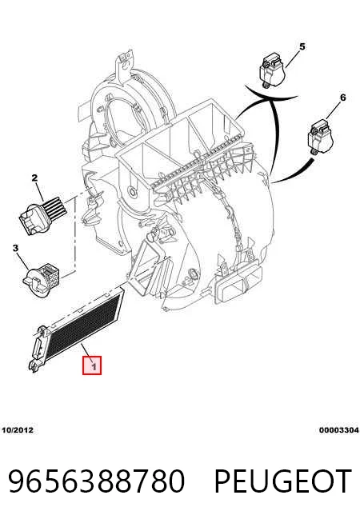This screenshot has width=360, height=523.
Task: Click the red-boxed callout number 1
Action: (92, 365)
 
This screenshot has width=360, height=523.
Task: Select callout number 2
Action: (34, 178)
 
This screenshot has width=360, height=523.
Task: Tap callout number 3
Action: (15, 249)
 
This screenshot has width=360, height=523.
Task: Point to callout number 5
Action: (302, 46)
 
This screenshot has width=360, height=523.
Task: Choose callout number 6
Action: (342, 98)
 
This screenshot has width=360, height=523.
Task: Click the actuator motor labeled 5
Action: (273, 70)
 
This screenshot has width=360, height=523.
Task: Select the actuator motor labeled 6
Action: (320, 137)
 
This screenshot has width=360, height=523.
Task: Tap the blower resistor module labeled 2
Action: (44, 214)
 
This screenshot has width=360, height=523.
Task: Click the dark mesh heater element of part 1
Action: (84, 322)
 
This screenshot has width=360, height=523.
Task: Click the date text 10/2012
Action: (18, 430)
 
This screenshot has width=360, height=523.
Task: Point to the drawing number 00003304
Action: (338, 430)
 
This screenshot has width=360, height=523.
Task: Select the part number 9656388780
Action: (97, 481)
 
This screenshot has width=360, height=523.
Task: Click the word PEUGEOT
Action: (283, 481)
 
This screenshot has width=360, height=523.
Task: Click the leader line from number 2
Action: (39, 191)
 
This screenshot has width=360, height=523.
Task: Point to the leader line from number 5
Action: (292, 58)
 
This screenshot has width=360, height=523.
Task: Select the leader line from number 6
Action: (333, 110)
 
